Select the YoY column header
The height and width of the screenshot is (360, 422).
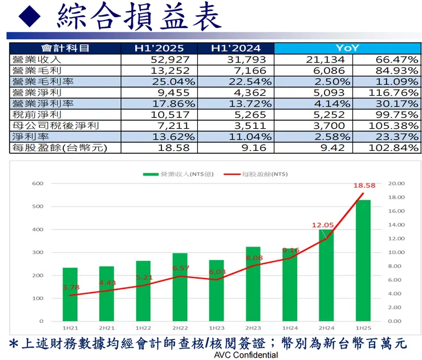(347, 48)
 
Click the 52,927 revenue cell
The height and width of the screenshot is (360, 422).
(166, 59)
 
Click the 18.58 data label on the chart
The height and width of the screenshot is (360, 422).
(363, 186)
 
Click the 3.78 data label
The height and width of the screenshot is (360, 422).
(71, 287)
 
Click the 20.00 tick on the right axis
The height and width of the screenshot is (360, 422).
(396, 183)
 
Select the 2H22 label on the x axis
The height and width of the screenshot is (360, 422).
(180, 329)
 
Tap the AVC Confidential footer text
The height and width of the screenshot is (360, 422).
(246, 355)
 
